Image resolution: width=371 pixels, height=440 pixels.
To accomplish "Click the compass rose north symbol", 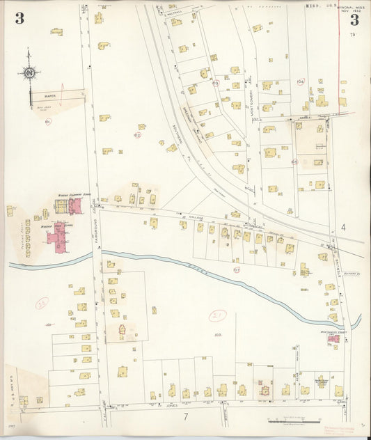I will tap(29, 72).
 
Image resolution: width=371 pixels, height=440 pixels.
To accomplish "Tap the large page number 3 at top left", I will tap(19, 18).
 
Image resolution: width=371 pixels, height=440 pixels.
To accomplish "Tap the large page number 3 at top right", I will tap(355, 19).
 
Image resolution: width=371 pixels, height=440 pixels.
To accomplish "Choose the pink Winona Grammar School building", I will tap(74, 205).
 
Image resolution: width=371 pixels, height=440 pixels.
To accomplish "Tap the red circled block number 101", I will tap(47, 122).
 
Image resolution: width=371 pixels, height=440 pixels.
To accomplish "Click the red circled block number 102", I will tap(137, 135).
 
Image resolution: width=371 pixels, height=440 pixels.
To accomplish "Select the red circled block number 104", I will tap(300, 81).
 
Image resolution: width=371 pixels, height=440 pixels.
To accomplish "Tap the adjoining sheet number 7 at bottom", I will tap(186, 416).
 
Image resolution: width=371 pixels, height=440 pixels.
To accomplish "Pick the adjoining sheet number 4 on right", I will tap(343, 228).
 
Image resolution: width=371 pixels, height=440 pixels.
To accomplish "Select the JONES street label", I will tap(171, 404).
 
